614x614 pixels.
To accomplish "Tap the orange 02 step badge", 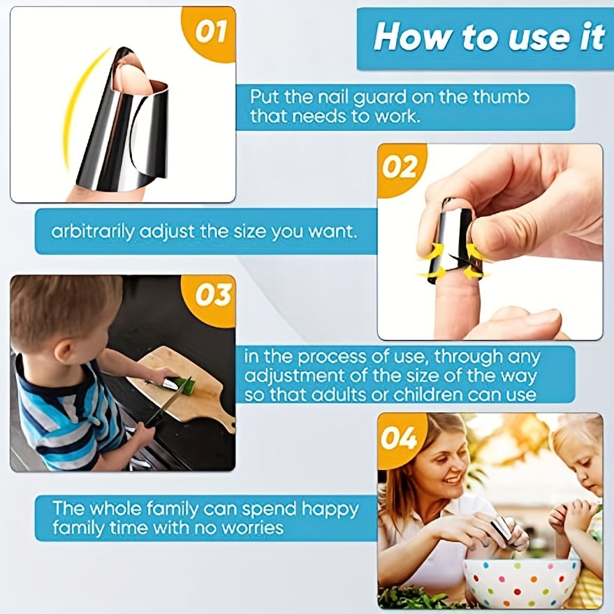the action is [x=400, y=168].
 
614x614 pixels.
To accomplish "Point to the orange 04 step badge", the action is [x=400, y=439].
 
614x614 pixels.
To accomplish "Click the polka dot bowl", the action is [x=521, y=583].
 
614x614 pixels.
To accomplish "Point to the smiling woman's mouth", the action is [x=454, y=479].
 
